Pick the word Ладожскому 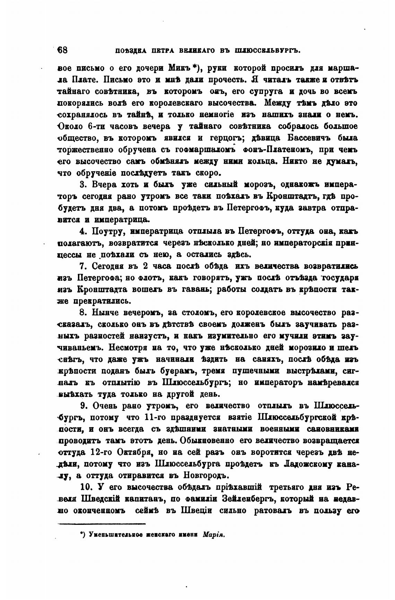(x=310, y=464)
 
